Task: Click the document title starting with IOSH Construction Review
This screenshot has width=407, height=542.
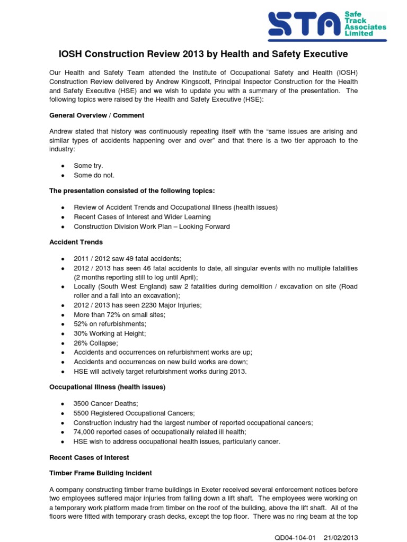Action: point(203,54)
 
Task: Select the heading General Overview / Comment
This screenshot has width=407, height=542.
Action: point(96,115)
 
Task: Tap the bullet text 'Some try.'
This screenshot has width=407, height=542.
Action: point(89,166)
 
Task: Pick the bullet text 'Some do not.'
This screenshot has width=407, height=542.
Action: point(94,175)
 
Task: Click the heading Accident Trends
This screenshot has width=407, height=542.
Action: point(76,242)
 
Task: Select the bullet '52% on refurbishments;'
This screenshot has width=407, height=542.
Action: point(110,324)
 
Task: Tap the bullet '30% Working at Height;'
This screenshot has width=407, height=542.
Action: point(110,333)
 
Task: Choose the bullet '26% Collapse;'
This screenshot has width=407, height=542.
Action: point(95,343)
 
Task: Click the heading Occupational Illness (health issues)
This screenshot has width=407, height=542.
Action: point(107,387)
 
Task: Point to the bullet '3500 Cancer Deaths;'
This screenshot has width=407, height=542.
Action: point(105,404)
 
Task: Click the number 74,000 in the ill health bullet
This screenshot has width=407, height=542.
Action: point(85,432)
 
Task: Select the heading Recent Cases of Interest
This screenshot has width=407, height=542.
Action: point(89,457)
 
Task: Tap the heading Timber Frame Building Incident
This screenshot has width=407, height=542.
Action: point(100,473)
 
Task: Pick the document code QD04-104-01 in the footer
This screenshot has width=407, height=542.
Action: point(295,538)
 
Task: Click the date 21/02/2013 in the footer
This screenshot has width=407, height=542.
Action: point(341,538)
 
